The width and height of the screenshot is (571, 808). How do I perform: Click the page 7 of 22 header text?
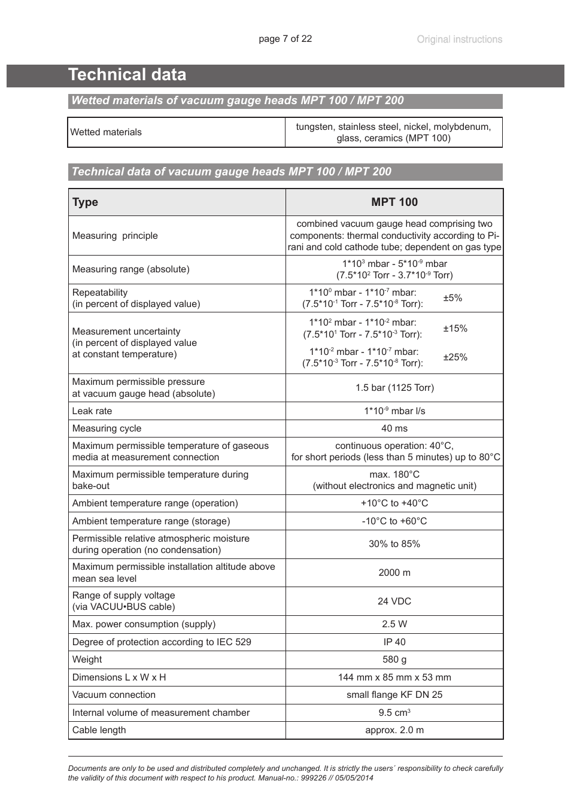[285, 39]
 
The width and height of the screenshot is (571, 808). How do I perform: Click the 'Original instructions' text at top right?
[459, 40]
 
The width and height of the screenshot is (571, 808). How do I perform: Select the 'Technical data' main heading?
[127, 75]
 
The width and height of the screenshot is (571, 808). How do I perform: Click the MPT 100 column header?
[394, 202]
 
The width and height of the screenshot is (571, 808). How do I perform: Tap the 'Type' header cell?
[85, 202]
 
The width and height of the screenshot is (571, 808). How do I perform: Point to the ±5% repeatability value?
[452, 298]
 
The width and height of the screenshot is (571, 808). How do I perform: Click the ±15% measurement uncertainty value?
[455, 329]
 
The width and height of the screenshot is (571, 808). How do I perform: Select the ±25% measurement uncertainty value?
[455, 357]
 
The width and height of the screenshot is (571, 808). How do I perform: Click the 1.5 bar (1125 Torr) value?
[394, 388]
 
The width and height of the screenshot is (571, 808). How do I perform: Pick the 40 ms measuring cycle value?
[394, 429]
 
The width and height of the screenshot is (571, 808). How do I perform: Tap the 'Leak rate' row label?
[92, 411]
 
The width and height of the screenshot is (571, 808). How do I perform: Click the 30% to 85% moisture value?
[394, 544]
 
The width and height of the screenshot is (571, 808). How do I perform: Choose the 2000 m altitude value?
[394, 573]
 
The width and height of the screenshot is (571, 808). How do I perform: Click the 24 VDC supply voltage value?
[394, 602]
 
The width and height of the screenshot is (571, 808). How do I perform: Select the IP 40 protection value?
[394, 642]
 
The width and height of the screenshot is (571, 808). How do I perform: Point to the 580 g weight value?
[394, 660]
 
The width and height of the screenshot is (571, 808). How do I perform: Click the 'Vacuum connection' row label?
[114, 695]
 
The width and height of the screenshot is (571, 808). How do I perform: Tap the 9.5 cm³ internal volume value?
[394, 713]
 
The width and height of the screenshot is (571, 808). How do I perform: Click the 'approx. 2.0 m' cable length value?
[394, 730]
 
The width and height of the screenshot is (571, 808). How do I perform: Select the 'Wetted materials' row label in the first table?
[106, 132]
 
